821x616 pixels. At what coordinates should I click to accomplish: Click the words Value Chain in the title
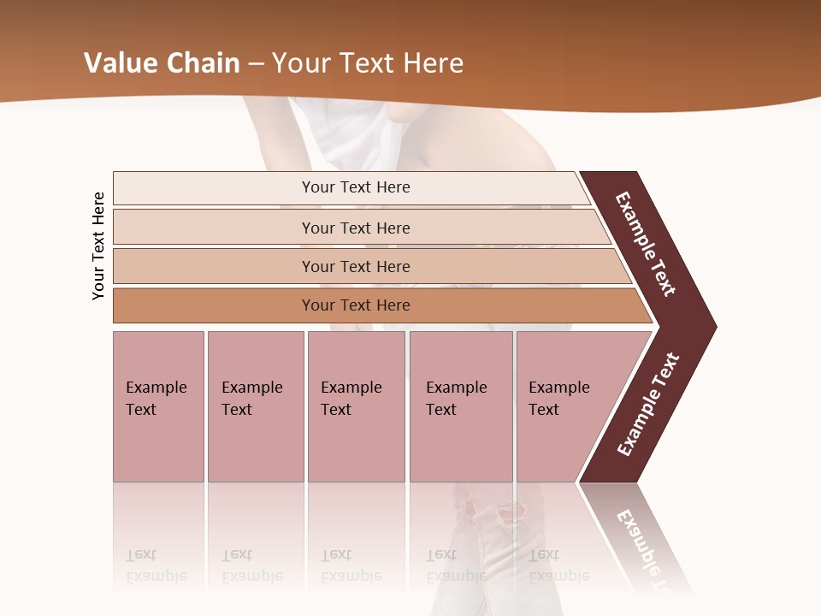(162, 62)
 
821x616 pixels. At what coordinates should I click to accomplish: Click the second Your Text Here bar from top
(355, 228)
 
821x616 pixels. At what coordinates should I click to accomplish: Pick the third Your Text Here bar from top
(355, 266)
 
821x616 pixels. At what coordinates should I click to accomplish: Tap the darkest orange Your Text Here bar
(355, 305)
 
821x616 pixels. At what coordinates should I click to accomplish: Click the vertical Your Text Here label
(98, 246)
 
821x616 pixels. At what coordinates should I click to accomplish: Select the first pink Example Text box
(158, 406)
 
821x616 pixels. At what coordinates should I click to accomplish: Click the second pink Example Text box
(255, 406)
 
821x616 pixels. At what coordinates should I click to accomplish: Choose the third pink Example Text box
(356, 406)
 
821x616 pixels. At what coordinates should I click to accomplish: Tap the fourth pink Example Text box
(460, 406)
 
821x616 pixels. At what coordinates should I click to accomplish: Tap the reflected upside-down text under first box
(156, 566)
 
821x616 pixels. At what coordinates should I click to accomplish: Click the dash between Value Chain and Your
(256, 63)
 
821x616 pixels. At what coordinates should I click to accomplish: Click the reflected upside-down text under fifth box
(558, 566)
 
